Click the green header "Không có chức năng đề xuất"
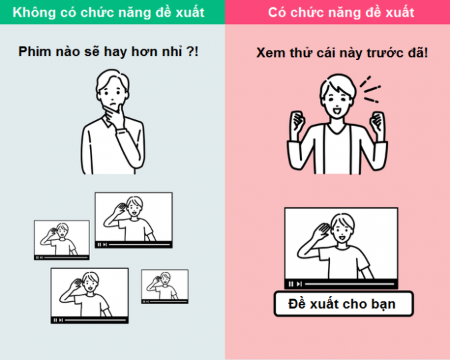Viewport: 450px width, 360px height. pyautogui.click(x=109, y=13)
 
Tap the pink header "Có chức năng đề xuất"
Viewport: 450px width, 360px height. pyautogui.click(x=341, y=13)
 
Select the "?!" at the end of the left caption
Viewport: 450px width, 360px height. pyautogui.click(x=192, y=52)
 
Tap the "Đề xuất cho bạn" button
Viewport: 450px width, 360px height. pyautogui.click(x=343, y=304)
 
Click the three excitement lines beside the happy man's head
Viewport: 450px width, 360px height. pyautogui.click(x=370, y=90)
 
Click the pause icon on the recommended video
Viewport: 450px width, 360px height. pyautogui.click(x=291, y=284)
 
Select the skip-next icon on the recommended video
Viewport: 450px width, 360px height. pyautogui.click(x=299, y=284)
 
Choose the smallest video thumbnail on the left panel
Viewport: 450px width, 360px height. pyautogui.click(x=165, y=286)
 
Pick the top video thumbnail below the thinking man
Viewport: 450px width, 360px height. pyautogui.click(x=134, y=220)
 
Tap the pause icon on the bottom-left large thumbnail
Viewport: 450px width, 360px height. pyautogui.click(x=55, y=320)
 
